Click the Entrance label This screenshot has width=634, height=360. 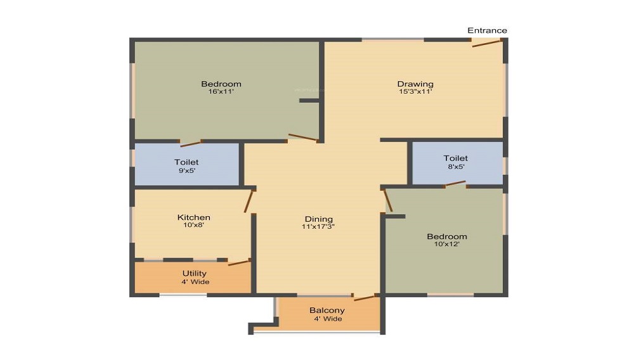point(487,30)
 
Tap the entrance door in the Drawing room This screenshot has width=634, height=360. point(487,43)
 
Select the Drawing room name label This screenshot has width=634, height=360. point(415,84)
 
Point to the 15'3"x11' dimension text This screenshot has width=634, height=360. point(415,91)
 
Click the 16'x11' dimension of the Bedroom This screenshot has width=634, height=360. point(221,91)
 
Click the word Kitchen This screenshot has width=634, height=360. point(193,217)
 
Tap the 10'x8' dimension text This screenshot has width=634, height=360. point(193,225)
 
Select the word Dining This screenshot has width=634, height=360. point(319,219)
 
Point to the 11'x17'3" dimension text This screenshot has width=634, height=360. point(318,227)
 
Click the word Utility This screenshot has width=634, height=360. point(195,274)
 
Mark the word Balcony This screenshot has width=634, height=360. point(327,311)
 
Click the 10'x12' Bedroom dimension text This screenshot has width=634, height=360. point(447,244)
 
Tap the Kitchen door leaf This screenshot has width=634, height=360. point(249,201)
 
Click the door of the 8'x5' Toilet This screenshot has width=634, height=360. point(455,184)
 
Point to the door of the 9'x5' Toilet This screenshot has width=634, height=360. point(190,143)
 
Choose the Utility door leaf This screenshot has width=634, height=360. point(239,262)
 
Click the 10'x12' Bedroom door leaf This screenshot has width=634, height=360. point(388,200)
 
